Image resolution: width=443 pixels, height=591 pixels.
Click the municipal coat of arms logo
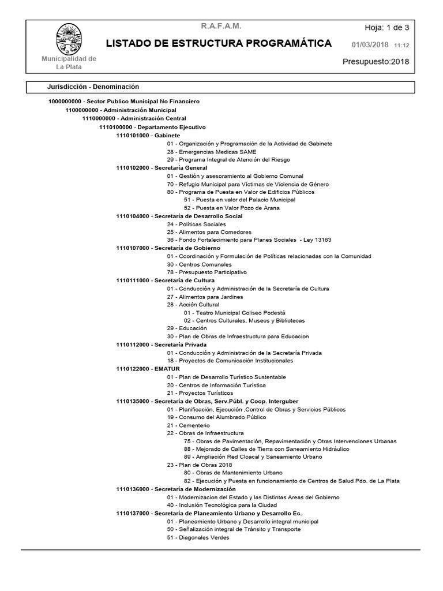pos(68,39)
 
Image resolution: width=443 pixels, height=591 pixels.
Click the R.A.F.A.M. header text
pos(221,27)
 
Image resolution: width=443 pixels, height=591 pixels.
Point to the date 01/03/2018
pos(370,44)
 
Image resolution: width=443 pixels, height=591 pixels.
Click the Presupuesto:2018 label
pos(376,62)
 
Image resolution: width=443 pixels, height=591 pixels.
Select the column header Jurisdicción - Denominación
pos(93,87)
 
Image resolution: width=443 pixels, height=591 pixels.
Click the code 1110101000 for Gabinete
pos(133,135)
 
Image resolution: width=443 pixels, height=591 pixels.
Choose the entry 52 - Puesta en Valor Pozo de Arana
pos(232,208)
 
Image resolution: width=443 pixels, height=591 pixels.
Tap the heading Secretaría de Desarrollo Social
pos(198,216)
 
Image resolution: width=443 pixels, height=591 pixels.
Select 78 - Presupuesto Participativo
pos(207,272)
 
